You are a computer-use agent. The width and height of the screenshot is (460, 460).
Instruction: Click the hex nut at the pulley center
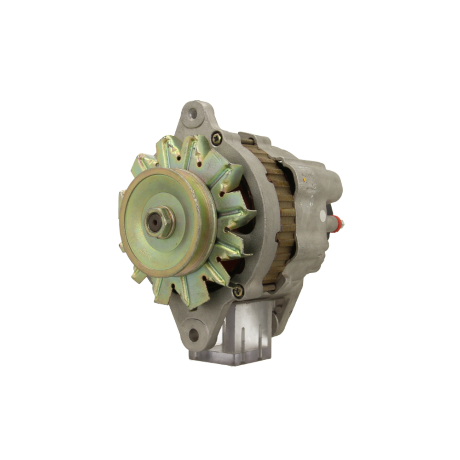pyautogui.click(x=159, y=223)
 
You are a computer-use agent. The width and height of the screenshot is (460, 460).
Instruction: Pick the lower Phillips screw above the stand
pyautogui.click(x=238, y=291)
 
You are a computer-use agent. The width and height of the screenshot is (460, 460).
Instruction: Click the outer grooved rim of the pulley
pyautogui.click(x=202, y=230)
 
